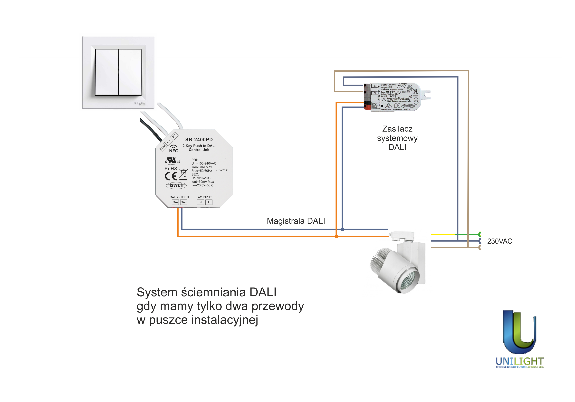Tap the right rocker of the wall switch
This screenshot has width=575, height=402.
point(130,72)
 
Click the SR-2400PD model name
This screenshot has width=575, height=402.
point(199,140)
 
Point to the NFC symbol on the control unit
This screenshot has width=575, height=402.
point(173,149)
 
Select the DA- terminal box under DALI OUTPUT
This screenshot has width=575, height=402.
point(175,202)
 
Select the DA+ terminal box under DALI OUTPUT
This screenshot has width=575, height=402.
point(184,202)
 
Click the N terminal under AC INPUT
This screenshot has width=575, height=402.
point(200,202)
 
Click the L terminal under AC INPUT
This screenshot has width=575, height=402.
point(209,202)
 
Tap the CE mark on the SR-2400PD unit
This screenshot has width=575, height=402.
point(171,176)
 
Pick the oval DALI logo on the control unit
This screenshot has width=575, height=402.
point(176,185)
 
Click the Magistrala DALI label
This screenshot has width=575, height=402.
point(296,221)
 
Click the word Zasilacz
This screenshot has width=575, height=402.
point(397,129)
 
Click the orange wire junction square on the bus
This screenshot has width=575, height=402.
point(336,236)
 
